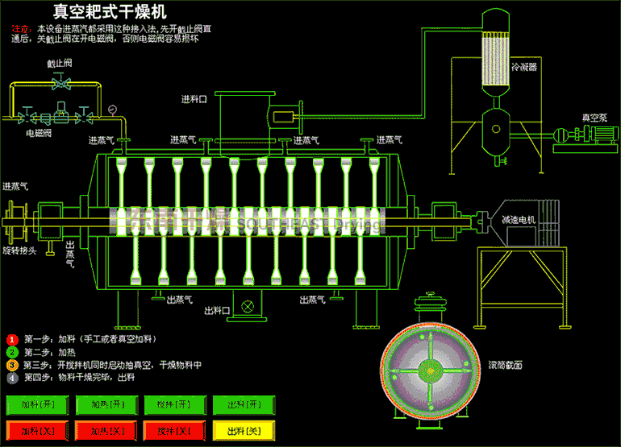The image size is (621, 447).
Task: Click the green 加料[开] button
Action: [x=38, y=404]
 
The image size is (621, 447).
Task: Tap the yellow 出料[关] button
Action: [x=243, y=430]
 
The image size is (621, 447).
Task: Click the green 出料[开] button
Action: [x=243, y=404]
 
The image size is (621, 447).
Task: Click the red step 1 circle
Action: [x=12, y=339]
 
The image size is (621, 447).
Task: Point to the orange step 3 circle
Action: [x=12, y=364]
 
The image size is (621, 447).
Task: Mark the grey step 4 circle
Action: [x=12, y=377]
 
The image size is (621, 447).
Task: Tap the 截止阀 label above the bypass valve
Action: [x=58, y=63]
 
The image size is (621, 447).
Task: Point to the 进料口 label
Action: [x=194, y=99]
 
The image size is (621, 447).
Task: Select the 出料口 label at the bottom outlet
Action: [x=217, y=309]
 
